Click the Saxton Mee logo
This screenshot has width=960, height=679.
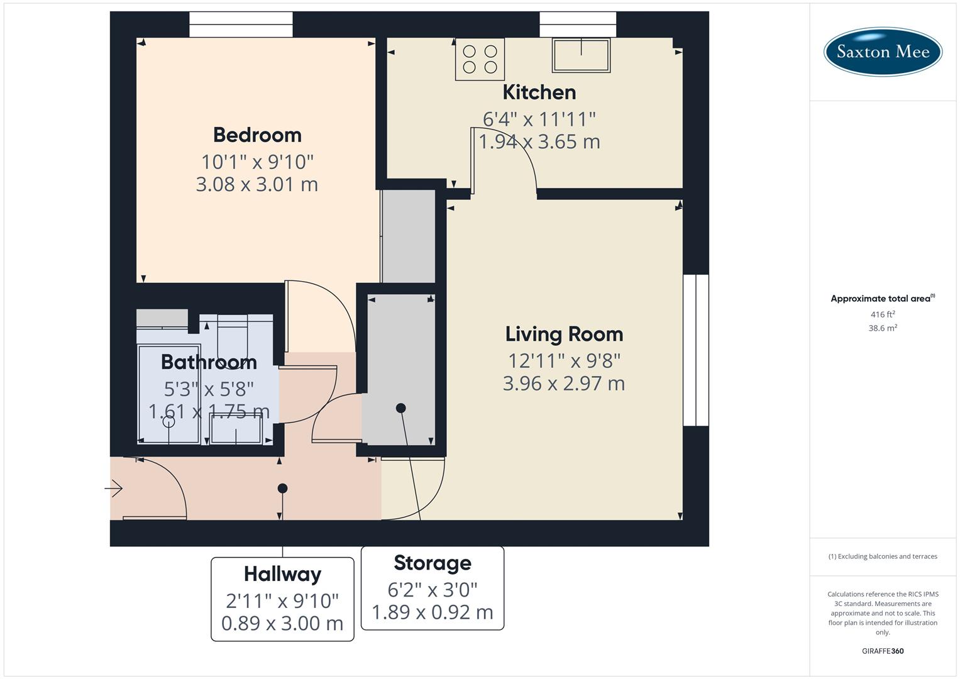882,52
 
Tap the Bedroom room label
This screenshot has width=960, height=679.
257,135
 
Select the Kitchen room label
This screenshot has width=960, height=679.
539,92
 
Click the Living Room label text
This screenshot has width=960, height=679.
564,334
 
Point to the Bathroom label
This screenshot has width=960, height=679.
209,362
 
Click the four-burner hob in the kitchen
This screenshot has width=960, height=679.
480,59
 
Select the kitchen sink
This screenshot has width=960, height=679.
581,55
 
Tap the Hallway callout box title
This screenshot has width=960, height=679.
282,574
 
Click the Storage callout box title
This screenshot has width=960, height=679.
433,563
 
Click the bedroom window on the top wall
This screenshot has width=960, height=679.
241,25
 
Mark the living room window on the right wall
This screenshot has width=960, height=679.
695,350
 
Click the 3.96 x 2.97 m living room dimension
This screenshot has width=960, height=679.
564,384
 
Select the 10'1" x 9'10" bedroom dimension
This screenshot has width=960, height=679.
257,162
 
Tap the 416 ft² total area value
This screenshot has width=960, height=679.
883,314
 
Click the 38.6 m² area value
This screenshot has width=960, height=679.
883,328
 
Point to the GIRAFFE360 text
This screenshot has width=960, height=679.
883,651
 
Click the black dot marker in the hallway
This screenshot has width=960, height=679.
282,489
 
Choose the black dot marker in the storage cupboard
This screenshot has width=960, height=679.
400,408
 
